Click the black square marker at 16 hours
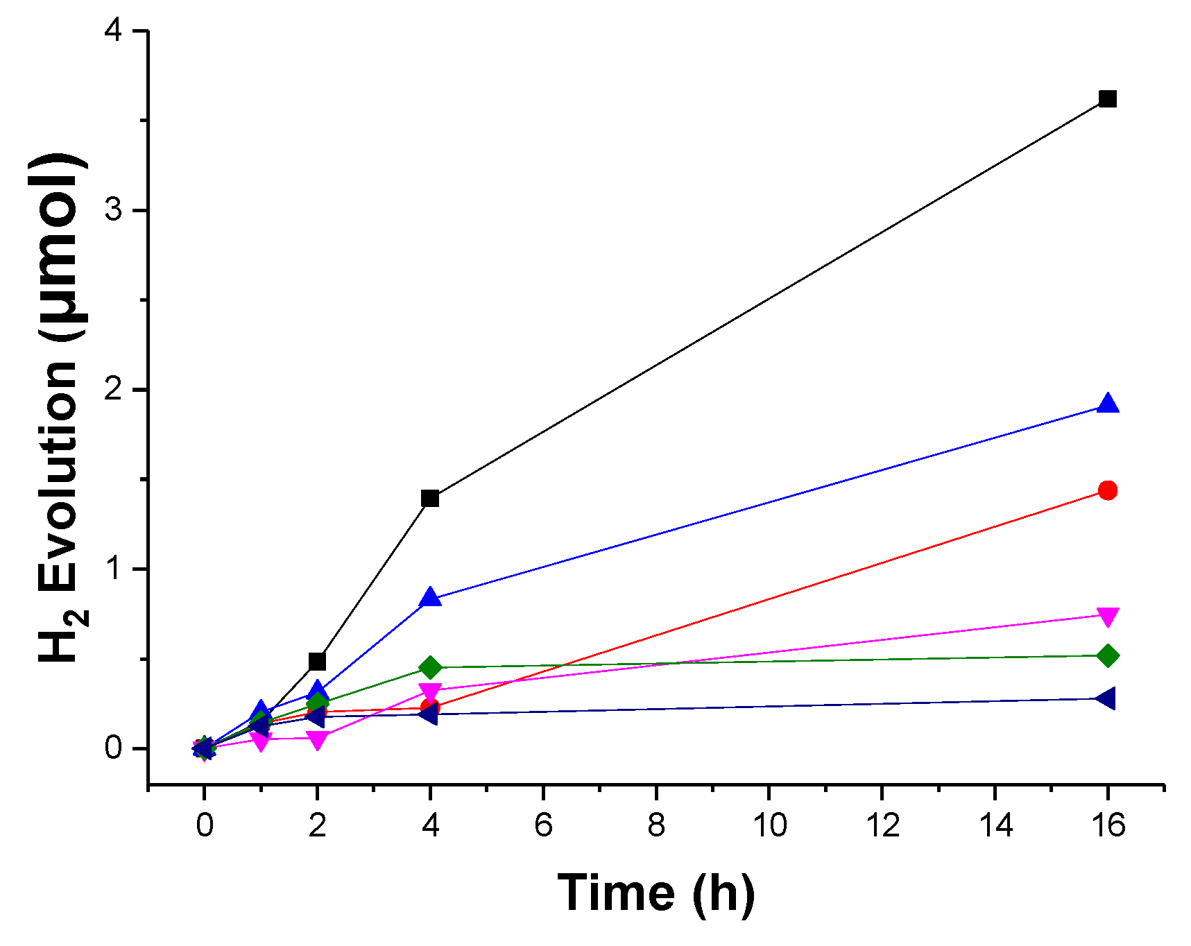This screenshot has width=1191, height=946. tap(1108, 99)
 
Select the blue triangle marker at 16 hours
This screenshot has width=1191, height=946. tap(1108, 404)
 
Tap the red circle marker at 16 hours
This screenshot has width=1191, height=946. tap(1108, 491)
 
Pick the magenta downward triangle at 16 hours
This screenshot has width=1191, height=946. tap(1108, 616)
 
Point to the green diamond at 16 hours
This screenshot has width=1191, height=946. tap(1108, 655)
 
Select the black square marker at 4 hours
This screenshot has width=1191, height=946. tap(430, 499)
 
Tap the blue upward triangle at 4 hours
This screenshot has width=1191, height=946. tap(430, 597)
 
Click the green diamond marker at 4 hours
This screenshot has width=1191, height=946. tap(430, 668)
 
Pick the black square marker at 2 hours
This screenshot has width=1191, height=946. tap(317, 661)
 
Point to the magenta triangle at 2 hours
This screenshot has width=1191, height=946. tap(317, 740)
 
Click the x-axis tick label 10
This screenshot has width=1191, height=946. tap(769, 825)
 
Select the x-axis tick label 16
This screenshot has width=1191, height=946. tap(1108, 825)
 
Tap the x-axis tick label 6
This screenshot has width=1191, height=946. tap(543, 825)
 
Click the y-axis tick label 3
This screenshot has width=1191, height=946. tap(114, 210)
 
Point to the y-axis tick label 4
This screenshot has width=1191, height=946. tap(114, 31)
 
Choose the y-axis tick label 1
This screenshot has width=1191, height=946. tap(114, 569)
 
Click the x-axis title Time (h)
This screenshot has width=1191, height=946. tap(656, 893)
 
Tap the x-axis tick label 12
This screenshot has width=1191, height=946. tap(882, 825)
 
